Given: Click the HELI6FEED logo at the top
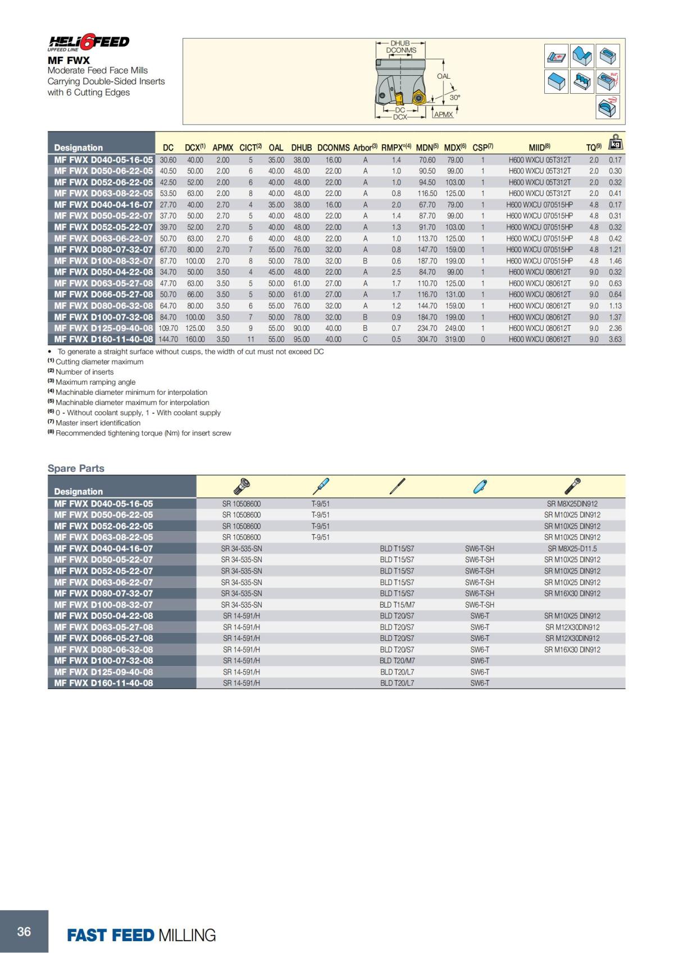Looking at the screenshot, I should (x=89, y=43).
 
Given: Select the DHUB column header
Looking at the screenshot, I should (x=301, y=148).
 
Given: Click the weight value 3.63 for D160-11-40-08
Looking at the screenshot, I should (x=615, y=339).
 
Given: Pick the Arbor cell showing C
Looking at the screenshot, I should (x=365, y=339).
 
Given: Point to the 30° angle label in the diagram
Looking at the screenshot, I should (x=455, y=97).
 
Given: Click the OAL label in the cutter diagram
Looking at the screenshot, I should (x=443, y=76).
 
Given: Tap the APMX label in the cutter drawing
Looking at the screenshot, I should (x=443, y=115).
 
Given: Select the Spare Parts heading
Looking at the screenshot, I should (x=76, y=468).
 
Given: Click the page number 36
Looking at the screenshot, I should (x=24, y=932).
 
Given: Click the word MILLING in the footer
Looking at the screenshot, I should (x=187, y=935).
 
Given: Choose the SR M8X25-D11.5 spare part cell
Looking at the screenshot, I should (x=572, y=549).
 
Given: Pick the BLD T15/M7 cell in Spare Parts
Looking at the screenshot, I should (x=397, y=605).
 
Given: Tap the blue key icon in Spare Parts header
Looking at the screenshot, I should (x=480, y=486).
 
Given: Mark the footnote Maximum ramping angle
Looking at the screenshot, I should (x=95, y=382).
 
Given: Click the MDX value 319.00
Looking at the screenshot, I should (x=454, y=339).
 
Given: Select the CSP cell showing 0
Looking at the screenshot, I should (x=482, y=339).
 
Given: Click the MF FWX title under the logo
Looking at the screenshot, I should (x=69, y=60).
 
